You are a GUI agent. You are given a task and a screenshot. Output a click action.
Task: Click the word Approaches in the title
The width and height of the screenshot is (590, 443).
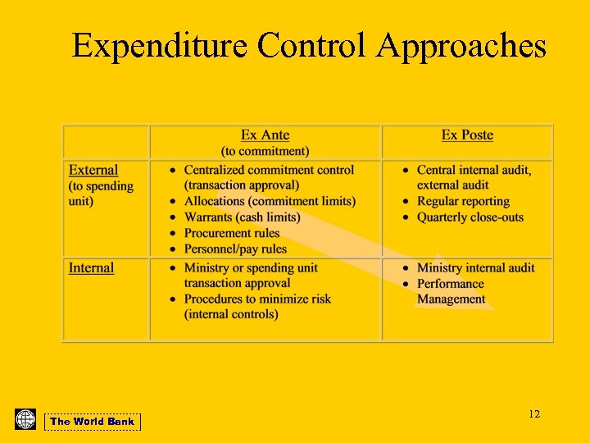(461, 47)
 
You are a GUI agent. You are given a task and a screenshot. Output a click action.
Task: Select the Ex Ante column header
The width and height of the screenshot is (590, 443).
(265, 135)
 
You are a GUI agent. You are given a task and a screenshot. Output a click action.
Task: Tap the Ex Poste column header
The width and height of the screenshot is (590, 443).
(467, 135)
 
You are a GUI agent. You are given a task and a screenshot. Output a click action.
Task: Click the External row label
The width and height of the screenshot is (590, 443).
(93, 170)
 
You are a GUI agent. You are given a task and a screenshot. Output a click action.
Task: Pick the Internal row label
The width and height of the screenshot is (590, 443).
(91, 267)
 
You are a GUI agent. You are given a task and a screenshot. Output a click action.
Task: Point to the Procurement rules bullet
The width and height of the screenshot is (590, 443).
(232, 233)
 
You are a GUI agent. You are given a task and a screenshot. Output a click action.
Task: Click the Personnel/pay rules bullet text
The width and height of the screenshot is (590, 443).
(235, 249)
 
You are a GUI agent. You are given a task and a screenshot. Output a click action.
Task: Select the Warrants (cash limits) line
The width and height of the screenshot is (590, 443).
(242, 217)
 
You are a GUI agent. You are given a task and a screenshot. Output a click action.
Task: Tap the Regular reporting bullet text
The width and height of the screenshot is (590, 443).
(463, 201)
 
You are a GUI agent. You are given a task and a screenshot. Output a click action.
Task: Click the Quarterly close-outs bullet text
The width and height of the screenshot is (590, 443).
(470, 217)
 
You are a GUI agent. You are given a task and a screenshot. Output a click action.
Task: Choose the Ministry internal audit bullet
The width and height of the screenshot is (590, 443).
(475, 267)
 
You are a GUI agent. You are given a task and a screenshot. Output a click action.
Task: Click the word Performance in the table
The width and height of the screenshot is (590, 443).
(450, 284)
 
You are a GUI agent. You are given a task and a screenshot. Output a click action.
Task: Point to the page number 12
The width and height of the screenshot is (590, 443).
(534, 414)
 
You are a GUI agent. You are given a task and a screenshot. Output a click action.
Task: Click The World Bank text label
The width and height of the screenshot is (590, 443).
(92, 422)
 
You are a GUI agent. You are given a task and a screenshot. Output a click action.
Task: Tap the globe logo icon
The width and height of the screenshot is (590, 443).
(25, 419)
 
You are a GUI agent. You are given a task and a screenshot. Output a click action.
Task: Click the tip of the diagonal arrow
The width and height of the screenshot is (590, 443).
(493, 308)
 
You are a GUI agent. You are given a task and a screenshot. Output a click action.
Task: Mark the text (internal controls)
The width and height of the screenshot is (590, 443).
(231, 314)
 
